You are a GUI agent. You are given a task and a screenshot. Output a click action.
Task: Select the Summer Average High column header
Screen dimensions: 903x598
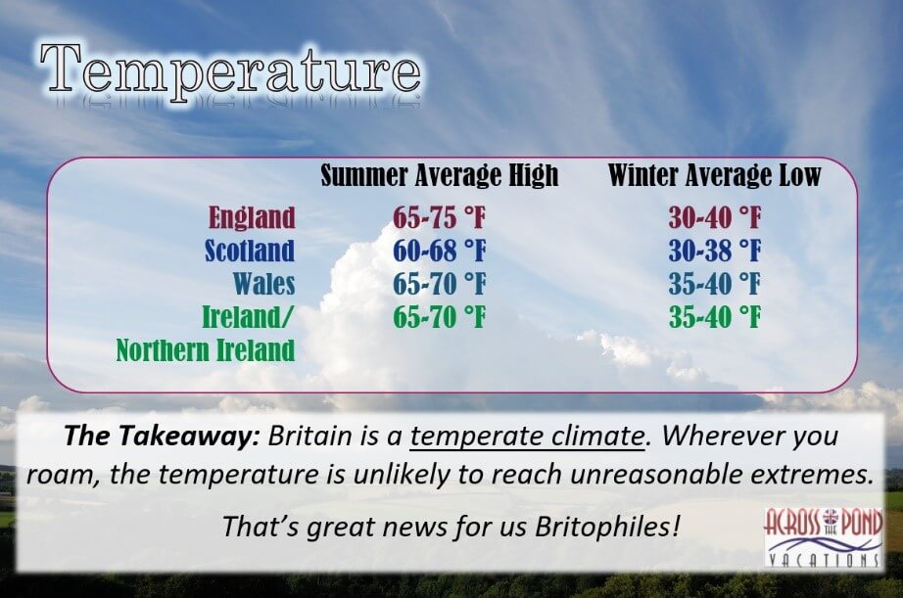click(x=440, y=175)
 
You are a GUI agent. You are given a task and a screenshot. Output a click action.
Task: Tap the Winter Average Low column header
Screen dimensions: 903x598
click(x=714, y=175)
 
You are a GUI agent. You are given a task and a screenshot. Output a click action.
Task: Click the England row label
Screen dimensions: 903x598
click(x=252, y=217)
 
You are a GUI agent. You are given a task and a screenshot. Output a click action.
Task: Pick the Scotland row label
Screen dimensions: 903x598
click(x=250, y=251)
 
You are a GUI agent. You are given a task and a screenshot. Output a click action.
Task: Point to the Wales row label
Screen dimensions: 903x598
click(x=264, y=283)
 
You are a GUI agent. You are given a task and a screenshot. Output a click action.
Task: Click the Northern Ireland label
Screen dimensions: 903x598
click(x=206, y=350)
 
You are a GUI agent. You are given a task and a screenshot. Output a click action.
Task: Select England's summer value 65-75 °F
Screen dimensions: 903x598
click(x=440, y=217)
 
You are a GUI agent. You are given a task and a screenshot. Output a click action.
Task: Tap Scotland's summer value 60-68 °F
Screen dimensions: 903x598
click(x=440, y=251)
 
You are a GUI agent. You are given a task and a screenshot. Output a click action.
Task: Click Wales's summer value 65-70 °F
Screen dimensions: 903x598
click(x=440, y=283)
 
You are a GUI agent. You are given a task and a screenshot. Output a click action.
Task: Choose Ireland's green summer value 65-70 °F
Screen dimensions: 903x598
click(x=440, y=316)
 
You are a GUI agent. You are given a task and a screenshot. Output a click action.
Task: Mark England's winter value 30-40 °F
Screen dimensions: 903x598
click(x=715, y=217)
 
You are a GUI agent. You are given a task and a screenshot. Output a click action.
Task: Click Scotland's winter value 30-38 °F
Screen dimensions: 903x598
click(x=715, y=251)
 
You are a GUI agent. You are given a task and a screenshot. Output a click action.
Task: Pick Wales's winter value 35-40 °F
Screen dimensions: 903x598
click(x=715, y=283)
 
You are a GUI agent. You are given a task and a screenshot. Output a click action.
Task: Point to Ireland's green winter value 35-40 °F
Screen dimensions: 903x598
click(x=715, y=316)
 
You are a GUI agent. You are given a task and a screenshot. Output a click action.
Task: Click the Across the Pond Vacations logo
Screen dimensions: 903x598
click(x=823, y=537)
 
